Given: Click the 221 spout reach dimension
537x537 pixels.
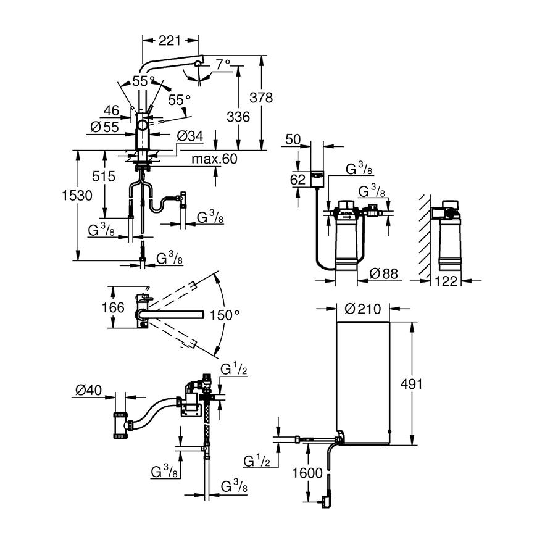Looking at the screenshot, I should (170, 41).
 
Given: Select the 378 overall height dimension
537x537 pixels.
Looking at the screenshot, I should (260, 98).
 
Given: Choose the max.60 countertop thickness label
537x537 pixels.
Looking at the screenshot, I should (214, 160).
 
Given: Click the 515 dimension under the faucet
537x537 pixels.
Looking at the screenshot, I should (104, 177).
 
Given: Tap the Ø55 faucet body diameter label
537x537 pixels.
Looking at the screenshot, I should (104, 127).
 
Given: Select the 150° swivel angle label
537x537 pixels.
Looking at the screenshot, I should (224, 315).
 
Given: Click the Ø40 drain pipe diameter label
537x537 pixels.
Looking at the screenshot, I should (88, 391).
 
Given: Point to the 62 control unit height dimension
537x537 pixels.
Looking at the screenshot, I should (298, 180).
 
